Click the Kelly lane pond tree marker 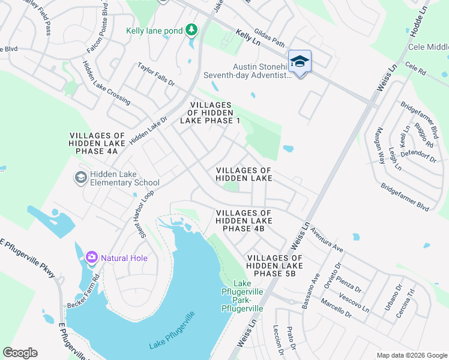pos(191,29)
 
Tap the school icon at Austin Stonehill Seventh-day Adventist pos(300,62)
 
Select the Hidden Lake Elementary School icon pos(80,178)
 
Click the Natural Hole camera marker pos(92,258)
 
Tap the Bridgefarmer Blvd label pos(405,197)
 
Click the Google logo pos(20,353)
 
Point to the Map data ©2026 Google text pos(411,355)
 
